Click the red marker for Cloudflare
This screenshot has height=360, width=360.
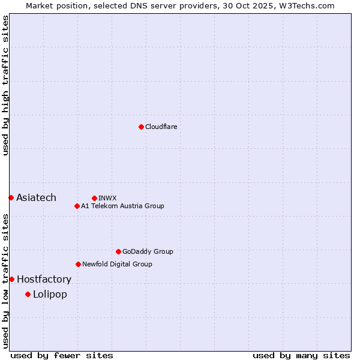[x=141, y=127]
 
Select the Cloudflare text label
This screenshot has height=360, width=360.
[x=161, y=127]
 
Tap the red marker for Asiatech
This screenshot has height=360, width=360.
[x=11, y=197]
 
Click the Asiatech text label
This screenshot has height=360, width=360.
[x=36, y=198]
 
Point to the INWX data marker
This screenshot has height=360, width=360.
[x=94, y=198]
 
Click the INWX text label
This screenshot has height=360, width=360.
[x=107, y=198]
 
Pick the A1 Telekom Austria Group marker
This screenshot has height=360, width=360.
[x=77, y=206]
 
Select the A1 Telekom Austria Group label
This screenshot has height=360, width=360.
[x=122, y=206]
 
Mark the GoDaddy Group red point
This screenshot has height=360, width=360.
[x=118, y=251]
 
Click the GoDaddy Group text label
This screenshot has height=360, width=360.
[x=148, y=251]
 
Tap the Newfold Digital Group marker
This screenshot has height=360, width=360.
[x=78, y=264]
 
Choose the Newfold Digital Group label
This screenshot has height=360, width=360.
[x=117, y=264]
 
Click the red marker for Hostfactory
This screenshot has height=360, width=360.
[x=11, y=279]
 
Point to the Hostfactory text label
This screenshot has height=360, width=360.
[x=44, y=280]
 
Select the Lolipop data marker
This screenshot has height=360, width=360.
[x=28, y=294]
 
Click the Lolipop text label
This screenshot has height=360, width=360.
[x=50, y=295]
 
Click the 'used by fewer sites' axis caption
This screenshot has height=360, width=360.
[x=62, y=356]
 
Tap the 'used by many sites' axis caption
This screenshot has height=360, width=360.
[x=301, y=356]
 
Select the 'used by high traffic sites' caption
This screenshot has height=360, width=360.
[x=5, y=85]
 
